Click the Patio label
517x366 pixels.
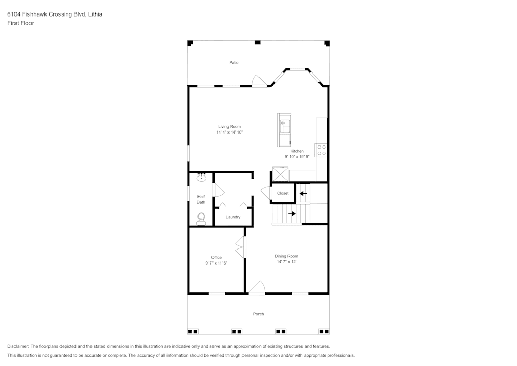(x=234, y=63)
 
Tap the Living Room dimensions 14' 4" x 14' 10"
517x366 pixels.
(x=230, y=133)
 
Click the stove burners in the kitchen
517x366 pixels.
(x=322, y=150)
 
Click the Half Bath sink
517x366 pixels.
(x=201, y=179)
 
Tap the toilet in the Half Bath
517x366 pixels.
(x=201, y=219)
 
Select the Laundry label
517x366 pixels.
(x=233, y=217)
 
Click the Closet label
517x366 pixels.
(x=283, y=193)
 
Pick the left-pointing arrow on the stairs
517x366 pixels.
(x=303, y=194)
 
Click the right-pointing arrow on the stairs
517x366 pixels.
(x=292, y=213)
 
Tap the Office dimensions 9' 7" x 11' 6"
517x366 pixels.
(x=216, y=263)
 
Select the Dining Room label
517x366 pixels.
(x=286, y=256)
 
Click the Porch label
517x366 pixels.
(x=258, y=314)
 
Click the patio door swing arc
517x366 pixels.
(x=258, y=80)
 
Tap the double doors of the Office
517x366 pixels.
(x=240, y=247)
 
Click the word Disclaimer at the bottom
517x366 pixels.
(x=18, y=346)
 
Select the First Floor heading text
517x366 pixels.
(x=21, y=23)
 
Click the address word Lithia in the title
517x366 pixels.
(x=95, y=14)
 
